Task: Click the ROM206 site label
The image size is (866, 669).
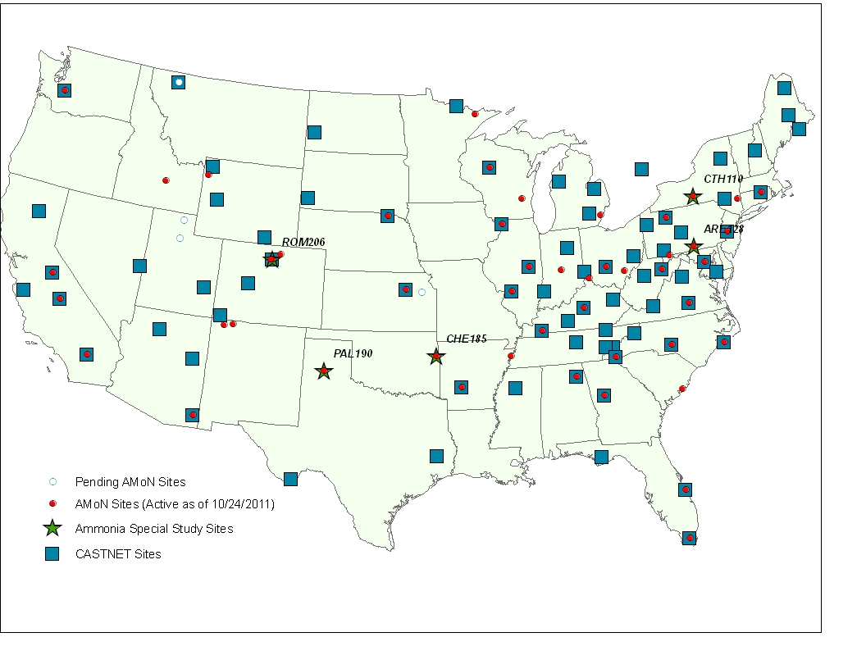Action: (x=303, y=243)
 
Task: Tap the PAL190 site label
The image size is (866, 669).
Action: (x=353, y=353)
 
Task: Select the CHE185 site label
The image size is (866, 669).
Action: (x=467, y=338)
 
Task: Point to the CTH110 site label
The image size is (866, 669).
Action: (x=723, y=179)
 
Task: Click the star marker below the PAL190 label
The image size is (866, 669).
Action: (x=324, y=371)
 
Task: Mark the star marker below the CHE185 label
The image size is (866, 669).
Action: (x=436, y=357)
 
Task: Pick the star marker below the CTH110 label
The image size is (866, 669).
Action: (x=693, y=197)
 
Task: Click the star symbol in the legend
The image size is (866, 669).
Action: (x=52, y=529)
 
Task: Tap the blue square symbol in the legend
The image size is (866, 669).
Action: (x=52, y=554)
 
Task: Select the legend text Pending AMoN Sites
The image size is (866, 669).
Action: (x=130, y=482)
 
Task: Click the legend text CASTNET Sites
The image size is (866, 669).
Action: (x=118, y=554)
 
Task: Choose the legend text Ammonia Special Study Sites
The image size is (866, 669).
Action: (x=154, y=529)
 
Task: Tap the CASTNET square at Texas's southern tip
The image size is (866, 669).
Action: (x=290, y=479)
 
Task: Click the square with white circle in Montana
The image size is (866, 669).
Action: (x=179, y=82)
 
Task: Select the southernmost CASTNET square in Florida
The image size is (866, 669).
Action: (x=690, y=538)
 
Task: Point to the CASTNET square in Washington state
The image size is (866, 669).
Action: (x=65, y=90)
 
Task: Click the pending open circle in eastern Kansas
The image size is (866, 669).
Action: (x=422, y=292)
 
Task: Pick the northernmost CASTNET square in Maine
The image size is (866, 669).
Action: (x=784, y=88)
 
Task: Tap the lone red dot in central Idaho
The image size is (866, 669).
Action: (x=166, y=180)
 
